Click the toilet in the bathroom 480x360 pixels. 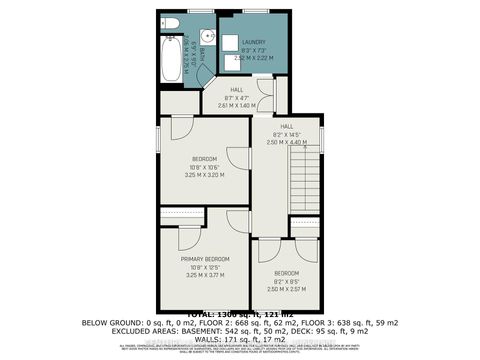(170, 22)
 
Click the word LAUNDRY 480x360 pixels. (252, 42)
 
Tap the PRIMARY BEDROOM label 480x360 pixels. (205, 259)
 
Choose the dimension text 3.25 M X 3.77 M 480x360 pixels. (205, 274)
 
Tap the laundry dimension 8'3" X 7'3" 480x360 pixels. (252, 50)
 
